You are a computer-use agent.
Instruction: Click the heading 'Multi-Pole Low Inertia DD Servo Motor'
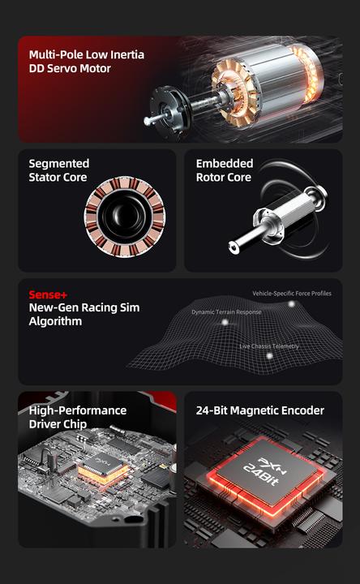pos(87,62)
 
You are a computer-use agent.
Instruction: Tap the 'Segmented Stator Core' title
pos(58,170)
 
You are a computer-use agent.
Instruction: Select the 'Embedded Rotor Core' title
pos(225,170)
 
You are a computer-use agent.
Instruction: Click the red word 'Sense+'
pos(45,294)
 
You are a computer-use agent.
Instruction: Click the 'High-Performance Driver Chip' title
pos(77,417)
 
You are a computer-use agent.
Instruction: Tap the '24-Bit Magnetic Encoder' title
pos(259,410)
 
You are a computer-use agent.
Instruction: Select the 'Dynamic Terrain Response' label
pos(226,311)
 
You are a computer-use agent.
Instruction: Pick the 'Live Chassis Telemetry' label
pos(268,346)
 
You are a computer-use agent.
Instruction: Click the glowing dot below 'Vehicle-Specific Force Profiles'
pos(292,303)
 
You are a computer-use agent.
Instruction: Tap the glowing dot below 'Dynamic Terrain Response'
pos(225,322)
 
